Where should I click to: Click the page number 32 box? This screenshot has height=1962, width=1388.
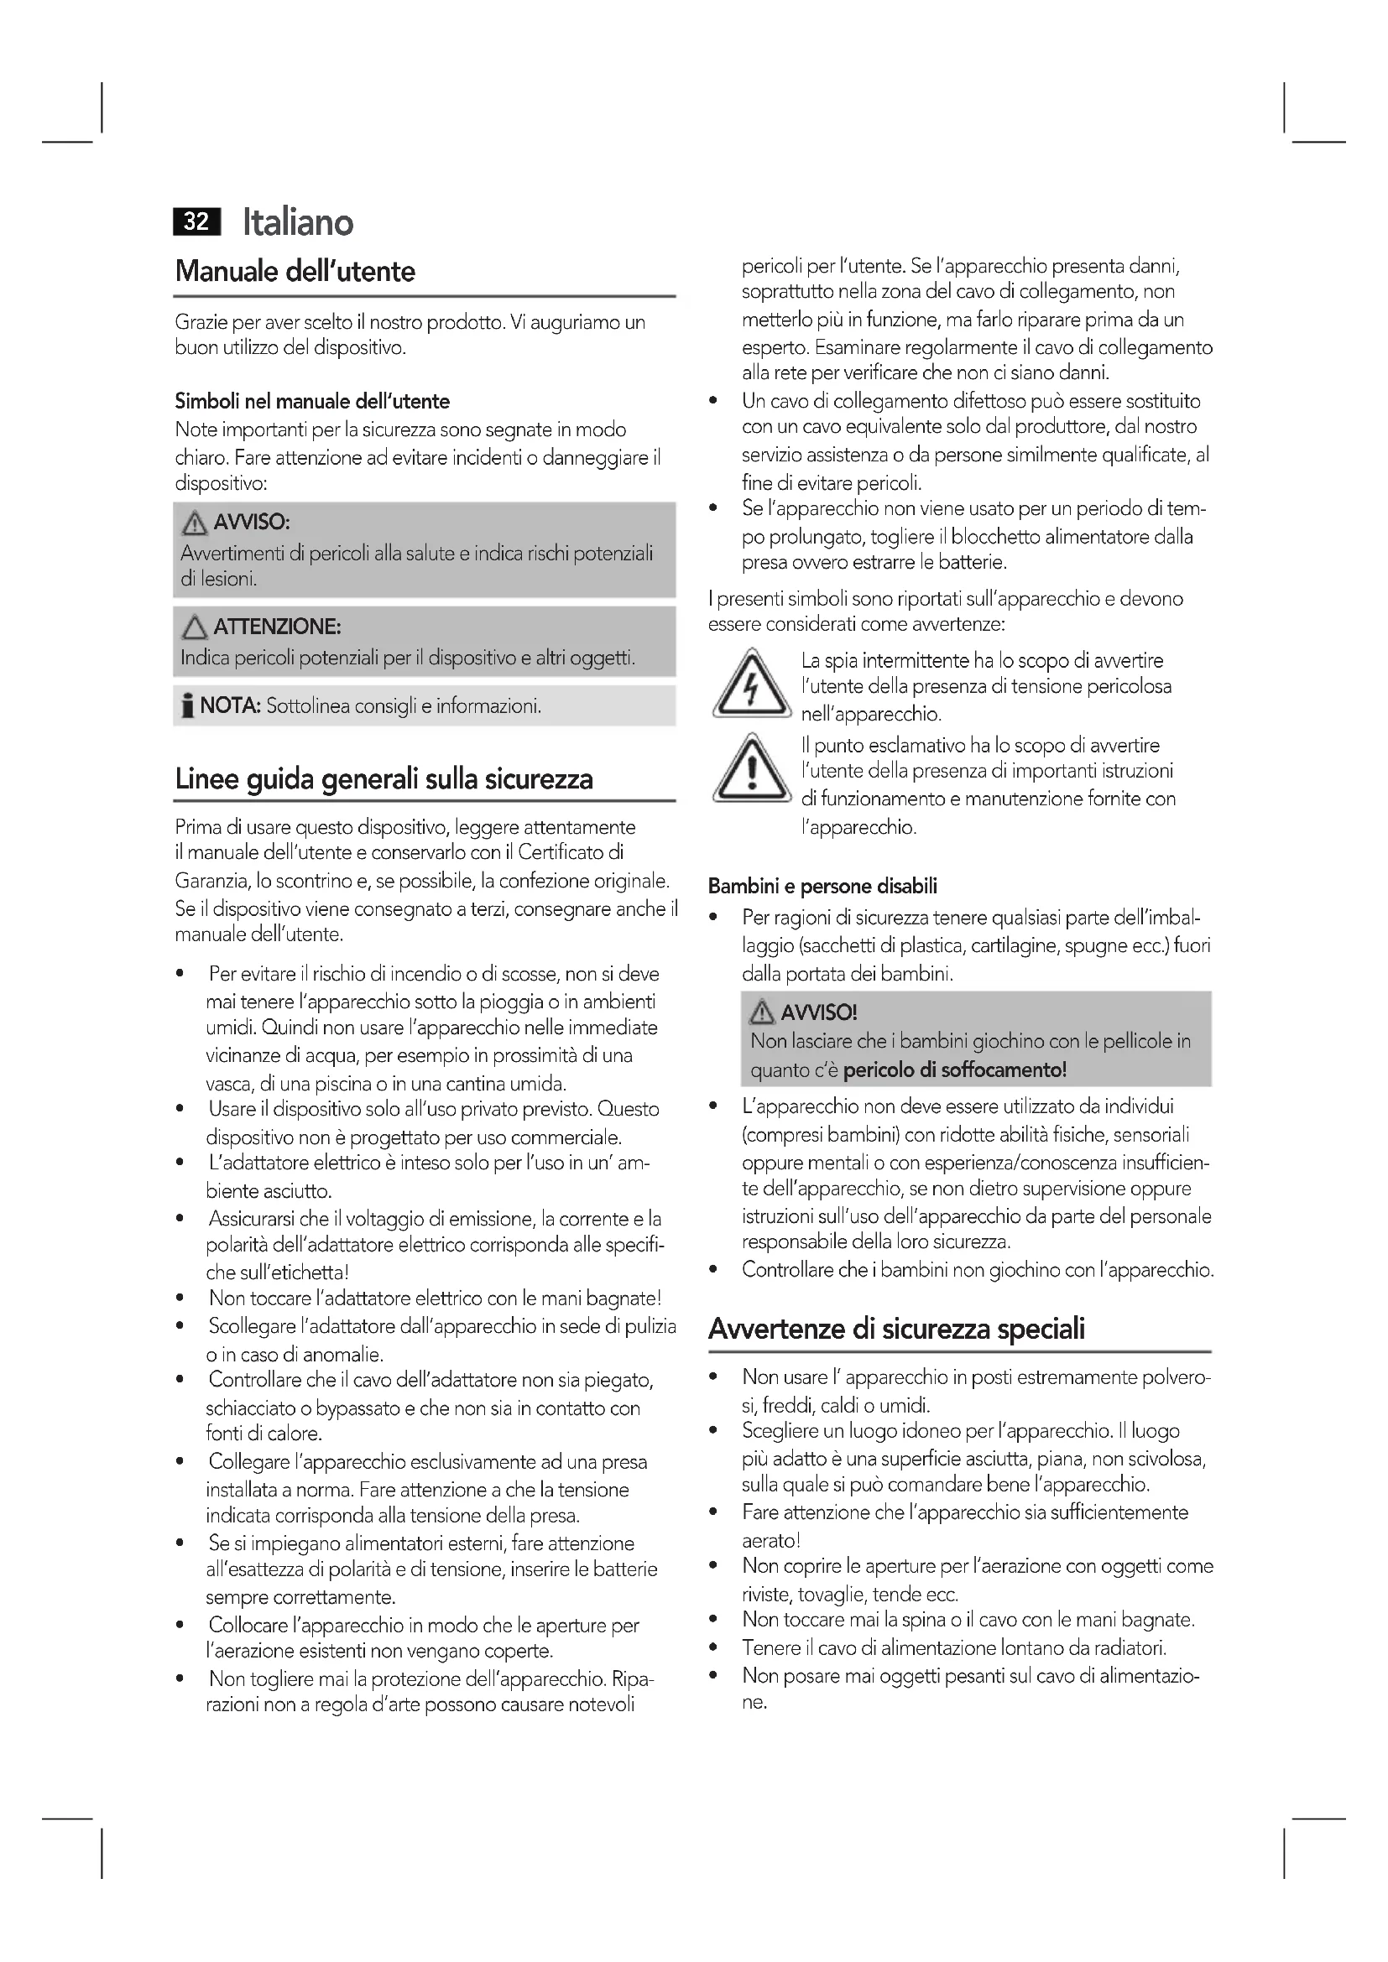tap(196, 221)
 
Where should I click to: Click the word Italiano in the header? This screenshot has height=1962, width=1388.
tap(297, 222)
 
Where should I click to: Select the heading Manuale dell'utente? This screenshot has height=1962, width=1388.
tap(295, 272)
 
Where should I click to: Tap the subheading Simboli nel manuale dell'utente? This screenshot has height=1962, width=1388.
tap(312, 401)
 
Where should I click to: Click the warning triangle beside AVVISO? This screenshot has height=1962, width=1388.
tap(194, 522)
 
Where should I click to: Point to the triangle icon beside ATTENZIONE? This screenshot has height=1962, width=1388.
tap(194, 628)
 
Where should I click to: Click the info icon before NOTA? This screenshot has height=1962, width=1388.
tap(186, 706)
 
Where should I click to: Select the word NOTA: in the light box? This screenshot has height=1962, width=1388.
tap(230, 705)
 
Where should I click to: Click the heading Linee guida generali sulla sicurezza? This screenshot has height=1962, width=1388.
tap(384, 779)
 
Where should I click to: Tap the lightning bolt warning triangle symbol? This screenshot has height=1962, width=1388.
tap(750, 684)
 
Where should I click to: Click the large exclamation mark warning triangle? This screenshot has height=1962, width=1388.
tap(750, 770)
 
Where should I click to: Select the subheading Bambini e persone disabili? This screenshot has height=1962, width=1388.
tap(822, 886)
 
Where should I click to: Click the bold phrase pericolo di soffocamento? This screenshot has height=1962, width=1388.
tap(955, 1069)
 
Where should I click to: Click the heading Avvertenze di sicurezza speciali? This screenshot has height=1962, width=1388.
tap(896, 1329)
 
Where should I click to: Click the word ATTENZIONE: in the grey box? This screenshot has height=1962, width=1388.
tap(277, 627)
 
